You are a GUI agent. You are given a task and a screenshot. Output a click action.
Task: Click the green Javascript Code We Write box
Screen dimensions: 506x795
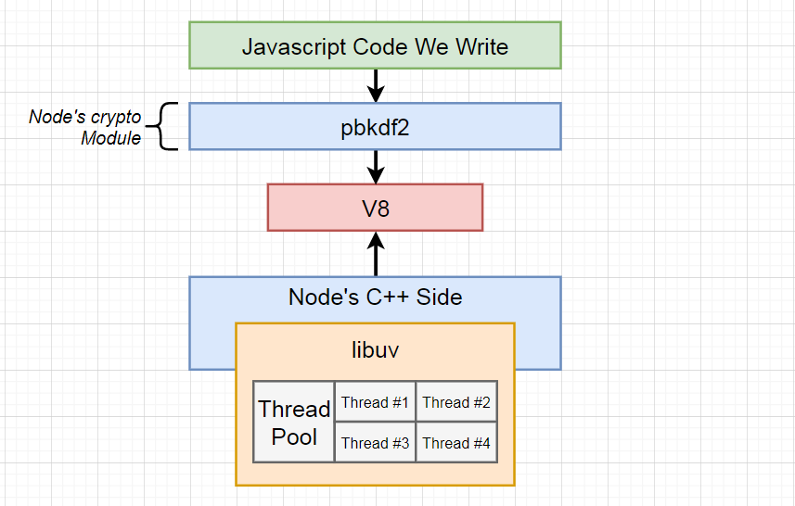375,45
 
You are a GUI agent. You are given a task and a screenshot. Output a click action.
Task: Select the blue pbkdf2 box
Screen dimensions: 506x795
375,127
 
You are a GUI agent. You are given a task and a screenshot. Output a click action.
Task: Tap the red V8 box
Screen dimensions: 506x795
375,208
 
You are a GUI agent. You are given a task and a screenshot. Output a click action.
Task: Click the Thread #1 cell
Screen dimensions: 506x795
375,402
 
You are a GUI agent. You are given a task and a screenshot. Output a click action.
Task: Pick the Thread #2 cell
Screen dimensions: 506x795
456,402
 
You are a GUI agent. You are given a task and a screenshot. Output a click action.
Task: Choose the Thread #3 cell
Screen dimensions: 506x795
375,443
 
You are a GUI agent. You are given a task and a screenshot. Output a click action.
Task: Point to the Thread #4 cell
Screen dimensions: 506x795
456,443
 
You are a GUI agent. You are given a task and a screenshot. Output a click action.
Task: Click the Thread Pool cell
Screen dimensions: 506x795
294,423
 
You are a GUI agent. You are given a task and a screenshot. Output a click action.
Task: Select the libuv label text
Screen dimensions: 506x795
375,350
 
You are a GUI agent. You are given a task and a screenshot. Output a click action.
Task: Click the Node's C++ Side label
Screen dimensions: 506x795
375,297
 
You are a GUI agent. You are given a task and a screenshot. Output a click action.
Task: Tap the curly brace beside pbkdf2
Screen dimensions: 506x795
165,127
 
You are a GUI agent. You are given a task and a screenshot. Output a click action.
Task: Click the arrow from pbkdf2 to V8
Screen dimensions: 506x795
375,167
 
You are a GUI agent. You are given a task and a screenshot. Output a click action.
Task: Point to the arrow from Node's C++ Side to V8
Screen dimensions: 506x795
375,254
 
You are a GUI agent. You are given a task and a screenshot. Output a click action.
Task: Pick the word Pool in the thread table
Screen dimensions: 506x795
294,436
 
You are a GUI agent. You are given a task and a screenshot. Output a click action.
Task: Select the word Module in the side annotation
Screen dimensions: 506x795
110,138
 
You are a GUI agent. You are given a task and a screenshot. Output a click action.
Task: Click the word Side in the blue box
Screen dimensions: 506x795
439,297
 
